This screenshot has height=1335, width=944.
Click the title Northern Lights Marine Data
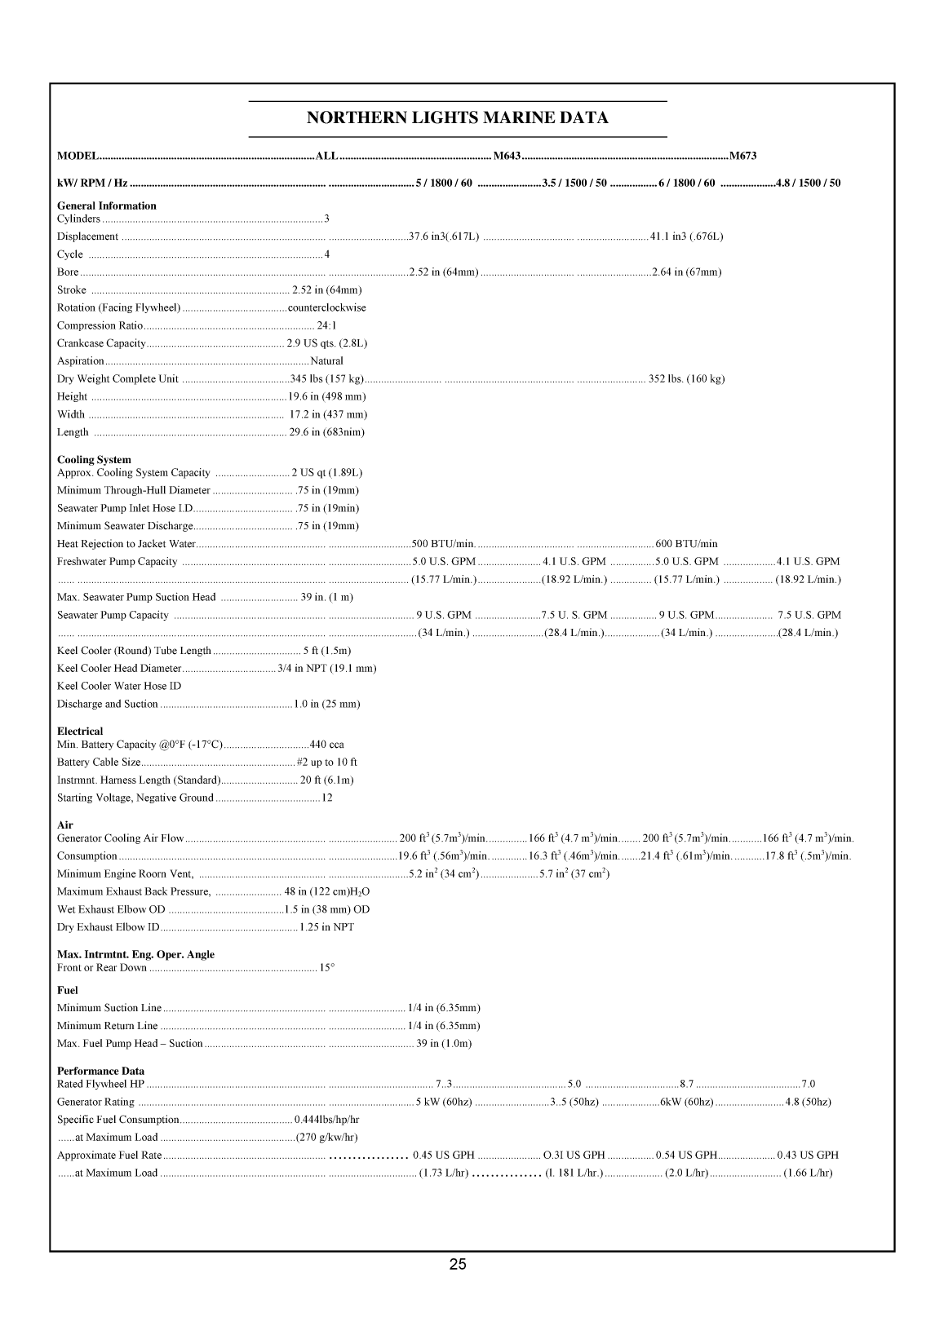457,118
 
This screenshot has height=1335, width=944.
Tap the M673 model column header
743,156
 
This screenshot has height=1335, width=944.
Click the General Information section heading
106,206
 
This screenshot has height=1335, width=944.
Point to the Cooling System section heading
94,460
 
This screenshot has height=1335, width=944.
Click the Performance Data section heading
100,1071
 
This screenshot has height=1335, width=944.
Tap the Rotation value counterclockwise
326,307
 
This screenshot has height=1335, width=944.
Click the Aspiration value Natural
326,360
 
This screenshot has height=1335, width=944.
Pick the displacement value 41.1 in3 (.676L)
686,236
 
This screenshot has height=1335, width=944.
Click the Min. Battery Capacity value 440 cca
326,745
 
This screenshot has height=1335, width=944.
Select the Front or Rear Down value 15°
327,968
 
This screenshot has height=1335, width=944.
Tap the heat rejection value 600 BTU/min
686,544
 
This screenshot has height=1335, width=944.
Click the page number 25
458,1265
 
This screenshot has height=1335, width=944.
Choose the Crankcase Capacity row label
101,343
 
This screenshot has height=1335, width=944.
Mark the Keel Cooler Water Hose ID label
119,686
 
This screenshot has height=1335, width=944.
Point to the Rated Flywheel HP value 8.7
686,1084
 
